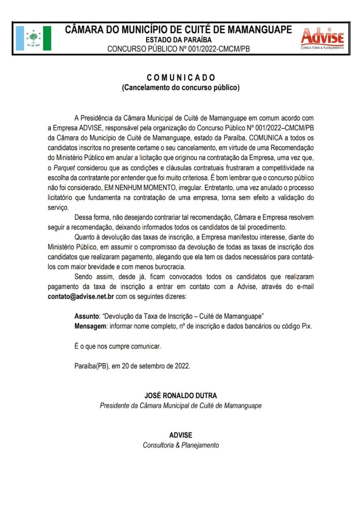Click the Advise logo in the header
coord(322,38)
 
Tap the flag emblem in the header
coord(34,38)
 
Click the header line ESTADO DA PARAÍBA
coord(179,40)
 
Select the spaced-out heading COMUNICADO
coord(181,77)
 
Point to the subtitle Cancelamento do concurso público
coord(181,88)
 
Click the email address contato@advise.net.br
coord(81,297)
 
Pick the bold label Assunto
coord(87,316)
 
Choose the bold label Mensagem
coord(90,326)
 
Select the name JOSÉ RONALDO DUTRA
coord(181,395)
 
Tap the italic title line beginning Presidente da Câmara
coord(181,405)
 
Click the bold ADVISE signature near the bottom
coord(181,435)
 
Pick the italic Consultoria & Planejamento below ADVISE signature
coord(181,445)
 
